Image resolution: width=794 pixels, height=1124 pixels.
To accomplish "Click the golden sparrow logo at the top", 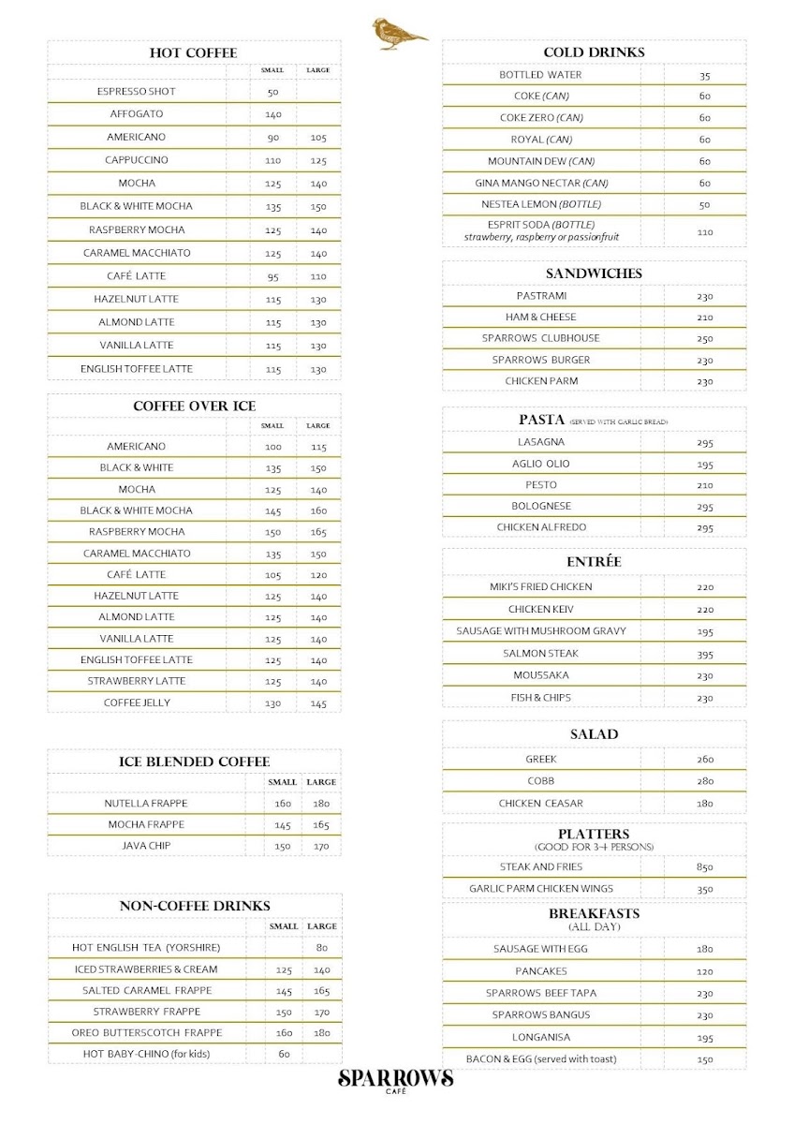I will tap(397, 35).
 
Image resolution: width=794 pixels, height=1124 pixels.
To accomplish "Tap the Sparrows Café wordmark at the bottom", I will tap(396, 1080).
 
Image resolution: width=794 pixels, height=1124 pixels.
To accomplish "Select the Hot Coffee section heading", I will tap(193, 52).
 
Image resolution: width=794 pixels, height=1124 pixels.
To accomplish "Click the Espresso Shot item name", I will tap(136, 92).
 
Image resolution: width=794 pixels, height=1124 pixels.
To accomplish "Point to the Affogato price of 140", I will tap(272, 114).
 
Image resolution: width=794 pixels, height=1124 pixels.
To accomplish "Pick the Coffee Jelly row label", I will tap(137, 702).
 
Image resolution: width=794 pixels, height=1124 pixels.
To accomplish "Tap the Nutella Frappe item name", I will tap(146, 804).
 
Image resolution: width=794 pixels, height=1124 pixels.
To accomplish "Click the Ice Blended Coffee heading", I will tap(194, 762).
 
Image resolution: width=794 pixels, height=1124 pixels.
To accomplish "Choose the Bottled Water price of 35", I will tap(704, 76).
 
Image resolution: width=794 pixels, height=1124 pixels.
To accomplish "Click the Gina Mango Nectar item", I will tap(541, 183).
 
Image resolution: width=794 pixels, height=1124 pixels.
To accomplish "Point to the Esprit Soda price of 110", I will tap(704, 231).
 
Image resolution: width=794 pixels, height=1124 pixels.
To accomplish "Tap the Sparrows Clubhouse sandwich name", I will tap(540, 338).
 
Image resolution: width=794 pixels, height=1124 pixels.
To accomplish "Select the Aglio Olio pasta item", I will tap(540, 464).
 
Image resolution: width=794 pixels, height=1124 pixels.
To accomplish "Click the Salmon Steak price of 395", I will tap(704, 654).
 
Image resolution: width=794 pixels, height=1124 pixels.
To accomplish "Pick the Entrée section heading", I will tap(594, 562).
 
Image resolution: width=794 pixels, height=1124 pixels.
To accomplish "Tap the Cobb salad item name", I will tap(540, 781).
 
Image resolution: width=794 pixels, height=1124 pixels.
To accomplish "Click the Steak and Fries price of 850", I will tap(704, 867).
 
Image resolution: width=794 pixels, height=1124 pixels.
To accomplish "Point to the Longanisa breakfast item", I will tap(540, 1037).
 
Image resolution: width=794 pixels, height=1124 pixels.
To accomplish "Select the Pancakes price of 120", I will tap(704, 972).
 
